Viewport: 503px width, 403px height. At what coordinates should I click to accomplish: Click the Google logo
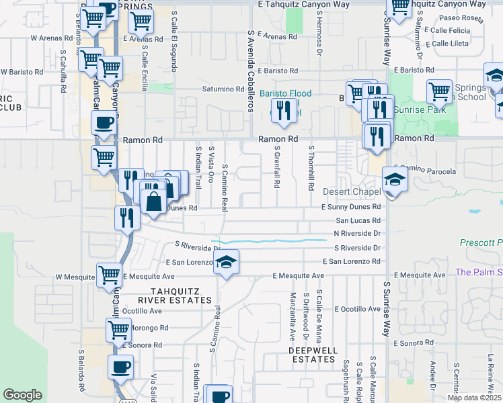pyautogui.click(x=22, y=395)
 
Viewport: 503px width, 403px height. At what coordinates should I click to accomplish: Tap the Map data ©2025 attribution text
pyautogui.click(x=473, y=398)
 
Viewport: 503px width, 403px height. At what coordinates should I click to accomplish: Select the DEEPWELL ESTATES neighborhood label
pyautogui.click(x=312, y=355)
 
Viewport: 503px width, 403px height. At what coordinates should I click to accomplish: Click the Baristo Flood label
pyautogui.click(x=286, y=93)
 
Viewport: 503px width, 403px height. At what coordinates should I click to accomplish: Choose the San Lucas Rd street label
pyautogui.click(x=358, y=220)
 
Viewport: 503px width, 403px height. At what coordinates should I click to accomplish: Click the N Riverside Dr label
pyautogui.click(x=357, y=233)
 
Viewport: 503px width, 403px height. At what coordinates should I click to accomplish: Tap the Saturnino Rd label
pyautogui.click(x=223, y=89)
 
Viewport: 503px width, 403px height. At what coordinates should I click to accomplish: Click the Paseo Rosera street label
pyautogui.click(x=461, y=18)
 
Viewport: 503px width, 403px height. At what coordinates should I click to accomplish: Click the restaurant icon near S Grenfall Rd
pyautogui.click(x=284, y=109)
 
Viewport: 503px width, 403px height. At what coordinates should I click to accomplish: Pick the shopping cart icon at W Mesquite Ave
pyautogui.click(x=109, y=275)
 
